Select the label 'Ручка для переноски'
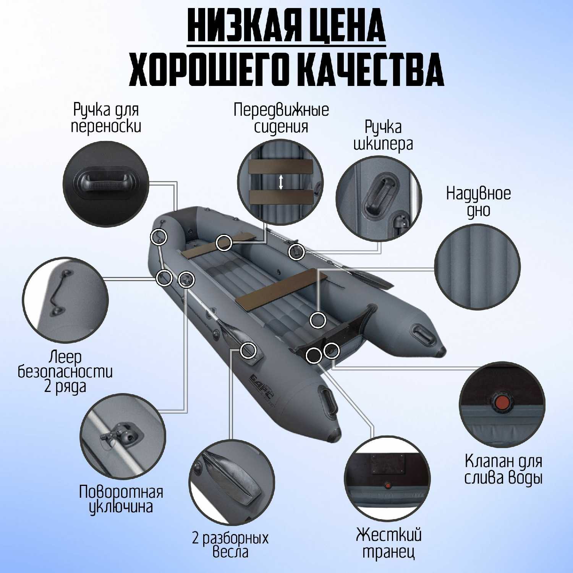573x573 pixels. tap(106, 118)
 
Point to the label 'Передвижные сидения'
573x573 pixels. tap(281, 118)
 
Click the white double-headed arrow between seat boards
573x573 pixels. tap(281, 182)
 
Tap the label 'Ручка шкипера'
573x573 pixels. tap(383, 136)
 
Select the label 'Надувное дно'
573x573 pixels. tap(478, 201)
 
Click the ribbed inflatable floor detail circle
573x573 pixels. tap(477, 266)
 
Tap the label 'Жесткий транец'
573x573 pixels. tap(388, 543)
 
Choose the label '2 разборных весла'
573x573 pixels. tap(230, 545)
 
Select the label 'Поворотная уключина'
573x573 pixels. tap(121, 499)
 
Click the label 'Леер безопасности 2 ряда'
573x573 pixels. tap(65, 372)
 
